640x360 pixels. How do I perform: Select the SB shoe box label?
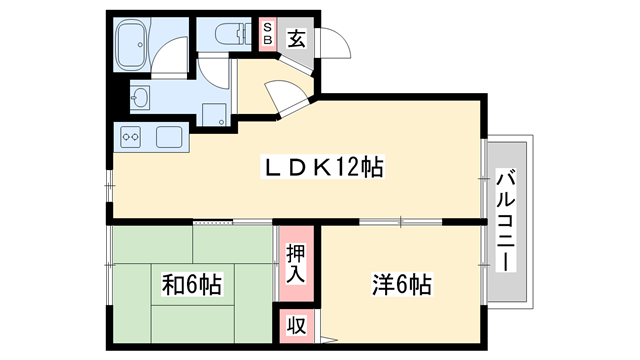pyautogui.click(x=268, y=36)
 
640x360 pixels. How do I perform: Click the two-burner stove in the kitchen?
pyautogui.click(x=131, y=135)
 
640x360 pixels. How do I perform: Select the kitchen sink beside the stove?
pyautogui.click(x=167, y=135)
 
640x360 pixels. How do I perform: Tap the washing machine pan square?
pyautogui.click(x=212, y=113)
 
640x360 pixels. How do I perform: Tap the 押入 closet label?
pyautogui.click(x=294, y=264)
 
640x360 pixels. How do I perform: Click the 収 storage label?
pyautogui.click(x=295, y=326)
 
